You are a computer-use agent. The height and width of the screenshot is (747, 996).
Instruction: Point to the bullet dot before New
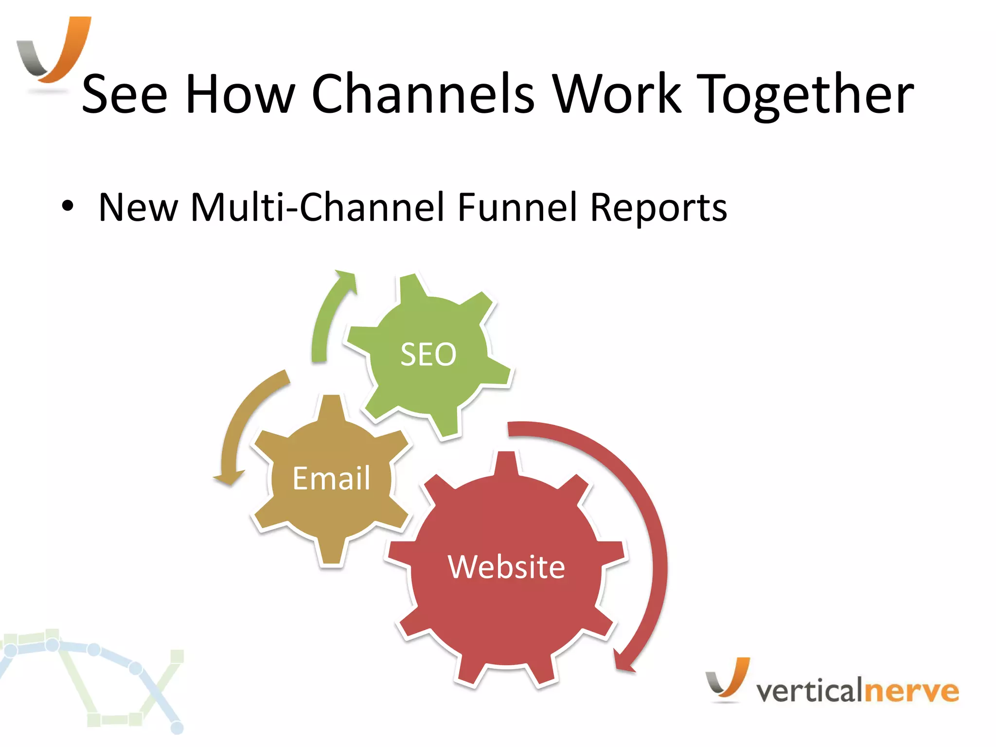(x=68, y=207)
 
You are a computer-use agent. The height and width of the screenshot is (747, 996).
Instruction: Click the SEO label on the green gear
(x=428, y=354)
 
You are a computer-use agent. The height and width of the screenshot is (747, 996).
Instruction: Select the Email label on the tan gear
(x=331, y=478)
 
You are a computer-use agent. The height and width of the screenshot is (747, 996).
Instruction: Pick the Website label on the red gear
(x=506, y=567)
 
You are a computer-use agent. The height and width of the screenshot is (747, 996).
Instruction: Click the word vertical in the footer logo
(x=810, y=691)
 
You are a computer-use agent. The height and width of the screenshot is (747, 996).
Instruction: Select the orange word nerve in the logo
(x=912, y=691)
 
